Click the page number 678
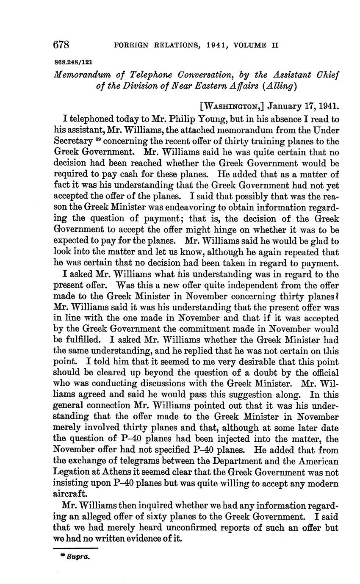(x=61, y=44)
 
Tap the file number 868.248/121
(x=73, y=61)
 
